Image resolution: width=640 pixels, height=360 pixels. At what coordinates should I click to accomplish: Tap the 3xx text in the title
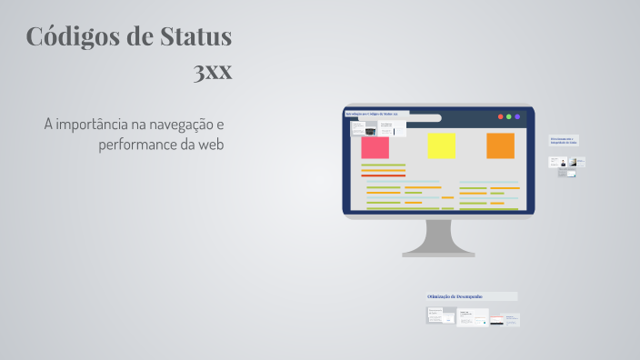212,71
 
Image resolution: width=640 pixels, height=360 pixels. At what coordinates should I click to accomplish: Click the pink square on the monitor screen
375,147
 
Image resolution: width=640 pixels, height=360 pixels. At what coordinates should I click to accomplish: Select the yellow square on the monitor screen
442,145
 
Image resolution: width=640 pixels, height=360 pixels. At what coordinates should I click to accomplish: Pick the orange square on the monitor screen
500,145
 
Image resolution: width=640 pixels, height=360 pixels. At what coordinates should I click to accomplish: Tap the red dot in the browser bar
499,116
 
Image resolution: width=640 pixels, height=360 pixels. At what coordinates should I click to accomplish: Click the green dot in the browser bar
508,116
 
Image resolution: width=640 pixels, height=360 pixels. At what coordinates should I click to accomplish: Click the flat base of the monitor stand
438,254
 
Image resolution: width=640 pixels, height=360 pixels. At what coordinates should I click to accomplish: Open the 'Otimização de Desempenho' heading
455,296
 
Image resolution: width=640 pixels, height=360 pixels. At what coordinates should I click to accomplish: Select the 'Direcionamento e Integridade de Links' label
563,140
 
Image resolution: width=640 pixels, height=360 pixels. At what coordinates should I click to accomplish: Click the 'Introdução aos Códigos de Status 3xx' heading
376,114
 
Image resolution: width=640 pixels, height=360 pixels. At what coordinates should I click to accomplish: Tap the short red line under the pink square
383,175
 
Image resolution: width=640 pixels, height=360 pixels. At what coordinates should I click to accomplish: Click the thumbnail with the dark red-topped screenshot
500,319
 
